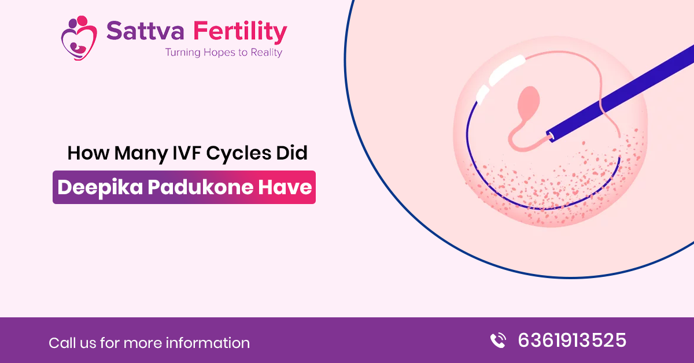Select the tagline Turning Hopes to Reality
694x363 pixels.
pyautogui.click(x=223, y=53)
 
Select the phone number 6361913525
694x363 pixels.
pyautogui.click(x=571, y=340)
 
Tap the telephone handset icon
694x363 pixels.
pyautogui.click(x=497, y=340)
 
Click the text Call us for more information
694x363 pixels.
pyautogui.click(x=149, y=343)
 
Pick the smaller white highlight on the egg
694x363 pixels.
pyautogui.click(x=482, y=91)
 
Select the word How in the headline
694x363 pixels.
pyautogui.click(x=87, y=153)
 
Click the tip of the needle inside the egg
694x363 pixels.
pyautogui.click(x=549, y=136)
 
